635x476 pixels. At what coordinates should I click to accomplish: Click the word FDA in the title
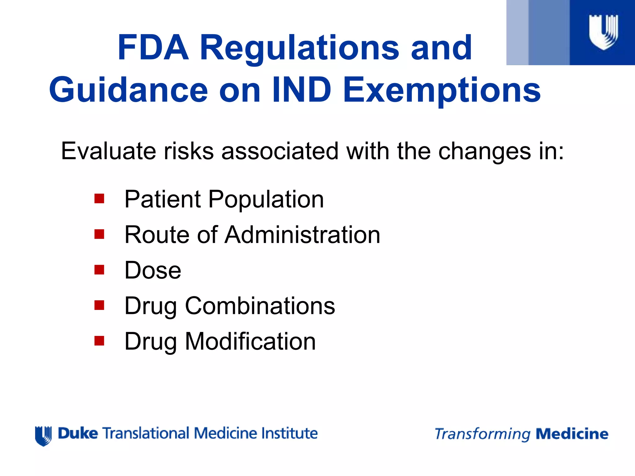[x=153, y=48]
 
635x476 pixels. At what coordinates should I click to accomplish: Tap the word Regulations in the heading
[x=300, y=48]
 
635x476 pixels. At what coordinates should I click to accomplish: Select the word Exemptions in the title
[x=442, y=90]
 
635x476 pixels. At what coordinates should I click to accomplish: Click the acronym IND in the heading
[x=302, y=90]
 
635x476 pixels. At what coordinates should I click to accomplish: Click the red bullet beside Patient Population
[x=99, y=199]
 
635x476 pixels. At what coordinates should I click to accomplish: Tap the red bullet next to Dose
[x=99, y=270]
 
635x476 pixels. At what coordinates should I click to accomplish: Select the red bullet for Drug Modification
[x=99, y=341]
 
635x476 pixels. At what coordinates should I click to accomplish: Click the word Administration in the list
[x=302, y=235]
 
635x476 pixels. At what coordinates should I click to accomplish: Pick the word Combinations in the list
[x=260, y=306]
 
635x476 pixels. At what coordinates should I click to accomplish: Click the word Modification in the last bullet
[x=250, y=341]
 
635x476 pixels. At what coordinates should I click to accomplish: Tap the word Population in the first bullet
[x=266, y=199]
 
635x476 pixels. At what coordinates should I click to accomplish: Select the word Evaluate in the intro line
[x=108, y=151]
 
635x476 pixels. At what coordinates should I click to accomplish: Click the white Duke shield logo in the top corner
[x=603, y=32]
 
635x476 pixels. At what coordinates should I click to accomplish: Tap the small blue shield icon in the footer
[x=43, y=436]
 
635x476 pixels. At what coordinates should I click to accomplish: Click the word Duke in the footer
[x=78, y=433]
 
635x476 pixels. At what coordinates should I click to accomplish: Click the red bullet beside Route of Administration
[x=99, y=234]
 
